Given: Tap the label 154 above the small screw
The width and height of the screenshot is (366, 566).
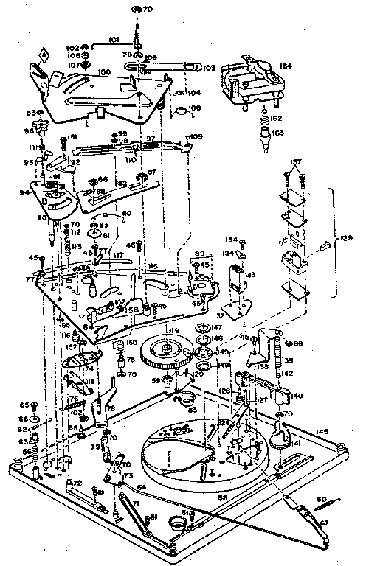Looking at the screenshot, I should click(231, 240).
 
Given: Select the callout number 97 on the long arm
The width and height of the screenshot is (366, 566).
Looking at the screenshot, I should click(150, 138).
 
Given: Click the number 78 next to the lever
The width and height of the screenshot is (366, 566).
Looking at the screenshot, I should click(111, 408).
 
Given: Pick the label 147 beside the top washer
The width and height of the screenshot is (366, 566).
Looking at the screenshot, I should click(218, 326).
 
